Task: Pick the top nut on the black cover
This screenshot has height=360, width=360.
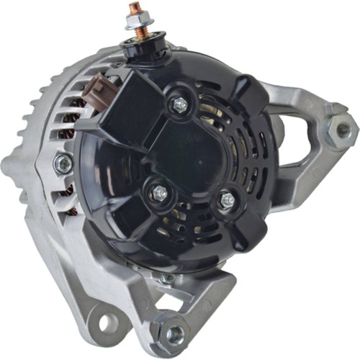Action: tap(178, 104)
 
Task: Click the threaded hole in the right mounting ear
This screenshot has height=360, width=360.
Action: tap(343, 130)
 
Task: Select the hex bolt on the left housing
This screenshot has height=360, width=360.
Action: tap(63, 164)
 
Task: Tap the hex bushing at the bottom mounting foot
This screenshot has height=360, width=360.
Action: tap(174, 333)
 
